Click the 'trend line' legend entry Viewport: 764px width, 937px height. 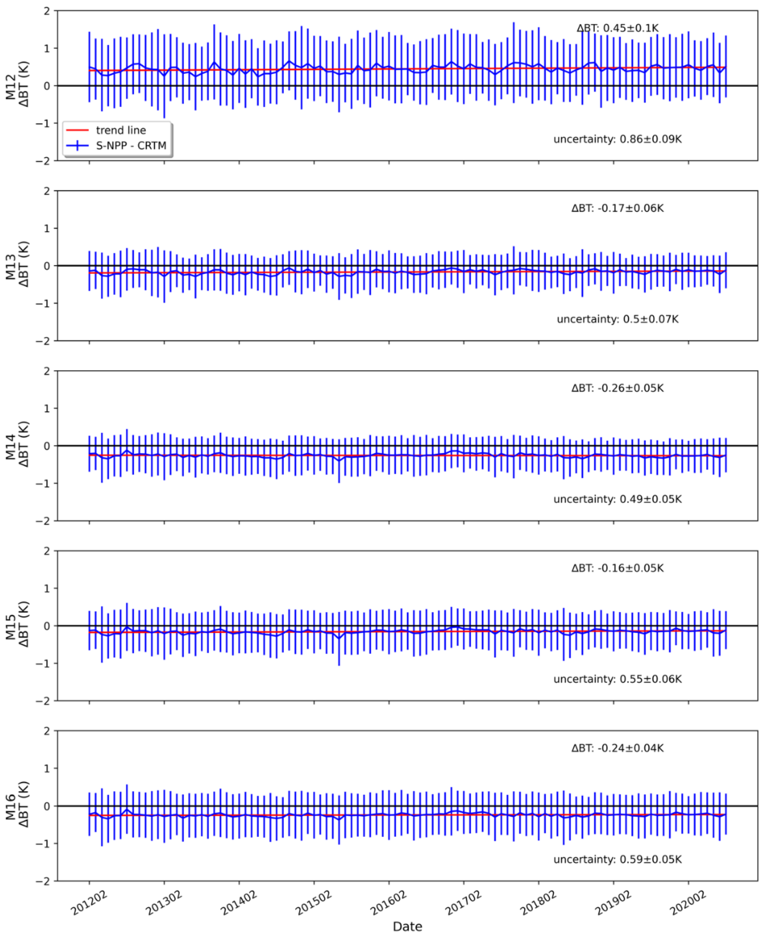(121, 130)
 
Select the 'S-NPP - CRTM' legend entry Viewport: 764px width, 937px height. (131, 146)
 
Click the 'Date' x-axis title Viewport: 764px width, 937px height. (407, 926)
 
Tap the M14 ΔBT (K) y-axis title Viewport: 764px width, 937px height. (17, 446)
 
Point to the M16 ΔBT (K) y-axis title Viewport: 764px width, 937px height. (17, 806)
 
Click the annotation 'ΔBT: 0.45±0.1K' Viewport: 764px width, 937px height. (617, 28)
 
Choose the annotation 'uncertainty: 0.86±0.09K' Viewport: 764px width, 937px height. (617, 139)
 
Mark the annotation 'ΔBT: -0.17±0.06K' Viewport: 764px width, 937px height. (617, 208)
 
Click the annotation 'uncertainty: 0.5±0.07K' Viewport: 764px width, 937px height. (617, 319)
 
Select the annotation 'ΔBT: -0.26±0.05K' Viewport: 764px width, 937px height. (617, 388)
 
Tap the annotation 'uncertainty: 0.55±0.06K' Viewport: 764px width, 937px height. (617, 679)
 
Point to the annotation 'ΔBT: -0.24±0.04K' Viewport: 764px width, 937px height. (617, 748)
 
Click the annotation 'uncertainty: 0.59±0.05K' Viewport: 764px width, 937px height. (617, 859)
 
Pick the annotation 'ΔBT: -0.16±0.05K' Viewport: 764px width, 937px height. (617, 568)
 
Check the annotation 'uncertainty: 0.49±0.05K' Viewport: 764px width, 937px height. (617, 499)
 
